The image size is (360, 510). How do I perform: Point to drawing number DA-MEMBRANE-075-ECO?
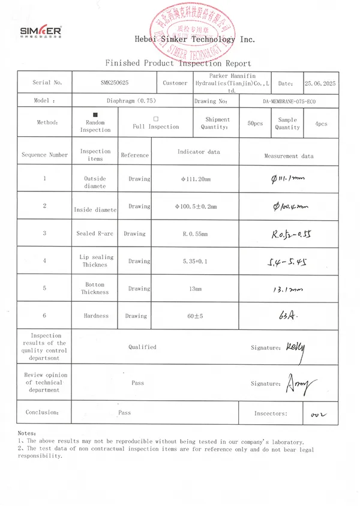[x=289, y=101]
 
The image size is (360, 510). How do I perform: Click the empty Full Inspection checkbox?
[x=155, y=119]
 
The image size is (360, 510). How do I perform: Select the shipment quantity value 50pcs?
[x=255, y=123]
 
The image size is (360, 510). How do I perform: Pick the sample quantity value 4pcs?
[x=321, y=123]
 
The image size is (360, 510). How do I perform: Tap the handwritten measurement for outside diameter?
[x=289, y=178]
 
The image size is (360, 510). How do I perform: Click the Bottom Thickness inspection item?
[x=95, y=289]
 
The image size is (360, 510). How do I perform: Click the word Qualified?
[x=142, y=347]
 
